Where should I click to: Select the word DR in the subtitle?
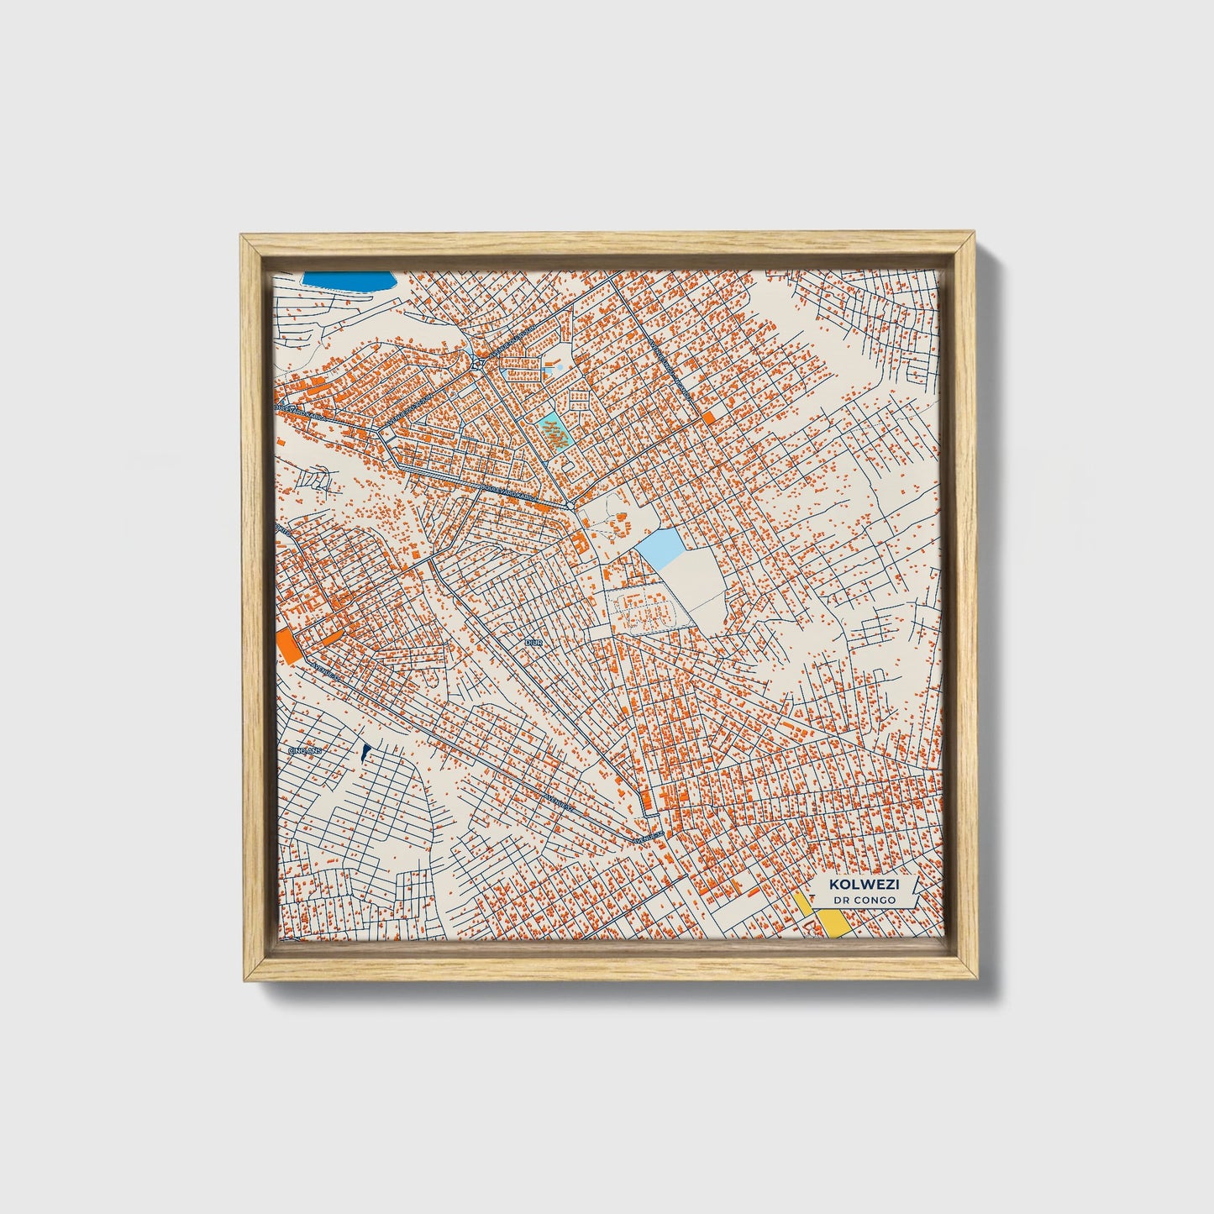point(842,900)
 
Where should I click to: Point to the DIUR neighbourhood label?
point(533,642)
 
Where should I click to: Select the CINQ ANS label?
point(305,750)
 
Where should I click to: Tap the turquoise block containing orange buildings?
point(552,434)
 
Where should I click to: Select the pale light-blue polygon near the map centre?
point(661,549)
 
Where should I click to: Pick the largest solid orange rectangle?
point(286,645)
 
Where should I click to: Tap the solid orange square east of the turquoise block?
point(708,417)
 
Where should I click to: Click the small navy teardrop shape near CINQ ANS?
point(365,752)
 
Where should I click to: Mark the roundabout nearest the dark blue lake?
point(476,363)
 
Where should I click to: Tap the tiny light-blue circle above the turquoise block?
point(560,367)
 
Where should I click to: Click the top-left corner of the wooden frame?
point(243,238)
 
